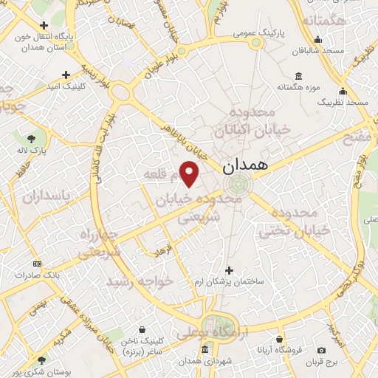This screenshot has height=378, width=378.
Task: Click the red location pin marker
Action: pos(190,173)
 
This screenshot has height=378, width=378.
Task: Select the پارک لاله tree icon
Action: pos(32,138)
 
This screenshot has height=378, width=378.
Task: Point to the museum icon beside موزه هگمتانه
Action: pos(298,75)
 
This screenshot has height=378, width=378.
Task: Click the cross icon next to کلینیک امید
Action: pos(67,75)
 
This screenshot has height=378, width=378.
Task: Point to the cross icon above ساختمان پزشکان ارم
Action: pos(229,270)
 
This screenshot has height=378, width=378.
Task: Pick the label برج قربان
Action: pos(322,362)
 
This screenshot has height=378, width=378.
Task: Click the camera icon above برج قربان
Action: pos(321,350)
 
